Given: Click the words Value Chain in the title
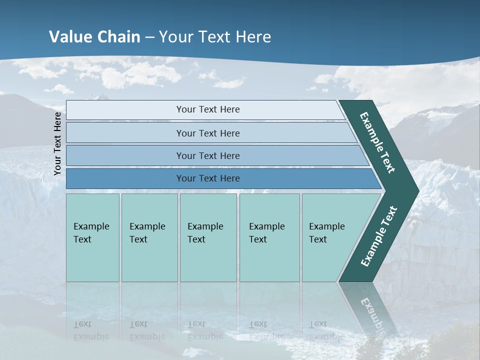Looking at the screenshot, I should click(x=94, y=37).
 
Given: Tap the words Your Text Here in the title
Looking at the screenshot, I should click(x=215, y=37).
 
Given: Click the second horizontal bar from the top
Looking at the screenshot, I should click(x=207, y=133).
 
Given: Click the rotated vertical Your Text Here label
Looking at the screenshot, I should click(x=57, y=143).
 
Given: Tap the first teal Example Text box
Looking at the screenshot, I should click(x=92, y=237).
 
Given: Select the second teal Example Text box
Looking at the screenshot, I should click(x=149, y=237).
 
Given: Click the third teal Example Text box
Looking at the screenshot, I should click(x=208, y=237).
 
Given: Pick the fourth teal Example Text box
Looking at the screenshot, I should click(x=269, y=237).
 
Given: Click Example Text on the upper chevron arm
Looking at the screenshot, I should click(x=377, y=142).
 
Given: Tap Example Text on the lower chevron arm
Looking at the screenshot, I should click(x=379, y=236).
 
